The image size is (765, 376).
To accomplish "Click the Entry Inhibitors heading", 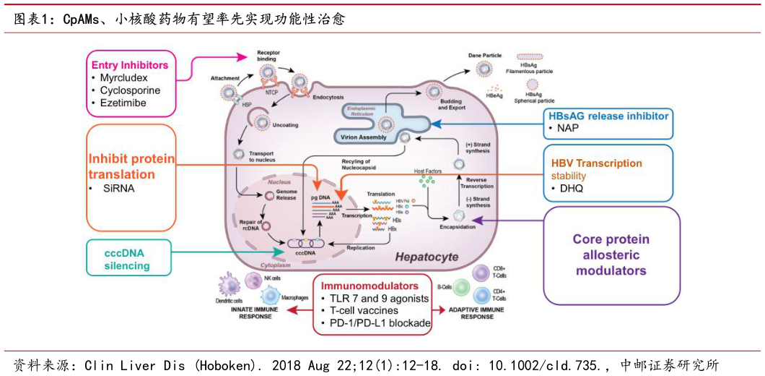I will (130, 65).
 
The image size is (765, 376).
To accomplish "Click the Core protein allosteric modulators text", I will (611, 255).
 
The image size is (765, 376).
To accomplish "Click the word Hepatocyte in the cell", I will (426, 257).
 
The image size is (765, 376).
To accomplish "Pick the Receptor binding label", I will (268, 57).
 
